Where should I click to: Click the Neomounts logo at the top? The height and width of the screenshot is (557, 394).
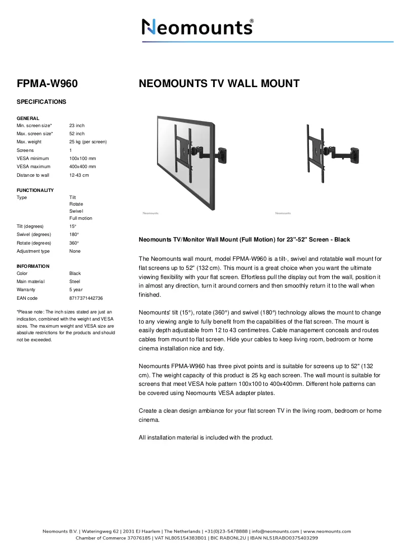click(x=198, y=27)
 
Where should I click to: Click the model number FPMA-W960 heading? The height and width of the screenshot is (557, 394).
click(x=47, y=84)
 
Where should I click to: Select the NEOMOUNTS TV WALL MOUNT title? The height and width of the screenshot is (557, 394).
click(x=219, y=84)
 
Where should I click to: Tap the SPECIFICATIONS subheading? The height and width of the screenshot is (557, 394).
click(x=42, y=102)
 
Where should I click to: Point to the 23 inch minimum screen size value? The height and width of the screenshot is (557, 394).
click(x=77, y=126)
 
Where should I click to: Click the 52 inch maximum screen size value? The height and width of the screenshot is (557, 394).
click(x=77, y=134)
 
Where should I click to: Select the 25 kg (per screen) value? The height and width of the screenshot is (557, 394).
click(x=88, y=142)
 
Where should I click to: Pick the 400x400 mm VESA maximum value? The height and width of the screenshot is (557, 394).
click(x=83, y=166)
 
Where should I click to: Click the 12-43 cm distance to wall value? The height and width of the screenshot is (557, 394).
click(x=79, y=175)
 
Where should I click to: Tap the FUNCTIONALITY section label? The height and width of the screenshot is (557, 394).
click(x=35, y=190)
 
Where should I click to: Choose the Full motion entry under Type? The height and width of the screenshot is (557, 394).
click(x=81, y=218)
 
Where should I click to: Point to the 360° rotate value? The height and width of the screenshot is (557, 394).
click(x=74, y=243)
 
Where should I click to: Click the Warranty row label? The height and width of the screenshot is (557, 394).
click(x=26, y=290)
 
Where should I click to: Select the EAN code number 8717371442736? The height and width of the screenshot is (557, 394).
click(x=86, y=298)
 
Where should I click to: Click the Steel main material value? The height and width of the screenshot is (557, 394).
click(x=74, y=282)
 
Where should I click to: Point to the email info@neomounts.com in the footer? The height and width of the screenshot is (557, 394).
click(x=275, y=531)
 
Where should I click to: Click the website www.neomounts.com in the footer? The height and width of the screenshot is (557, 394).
click(x=327, y=531)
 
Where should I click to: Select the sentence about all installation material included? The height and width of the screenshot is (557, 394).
click(x=206, y=437)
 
